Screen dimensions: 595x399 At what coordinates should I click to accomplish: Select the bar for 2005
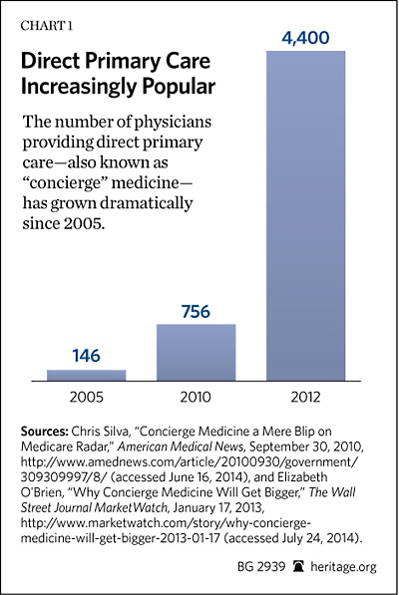pos(87,375)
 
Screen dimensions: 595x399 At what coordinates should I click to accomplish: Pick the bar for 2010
pos(196,352)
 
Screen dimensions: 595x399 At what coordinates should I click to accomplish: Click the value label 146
pos(87,354)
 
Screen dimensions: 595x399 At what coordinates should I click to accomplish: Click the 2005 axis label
pos(87,397)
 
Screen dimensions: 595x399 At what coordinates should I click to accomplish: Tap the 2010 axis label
pos(196,397)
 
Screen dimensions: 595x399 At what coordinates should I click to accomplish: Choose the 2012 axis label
pos(306,397)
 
